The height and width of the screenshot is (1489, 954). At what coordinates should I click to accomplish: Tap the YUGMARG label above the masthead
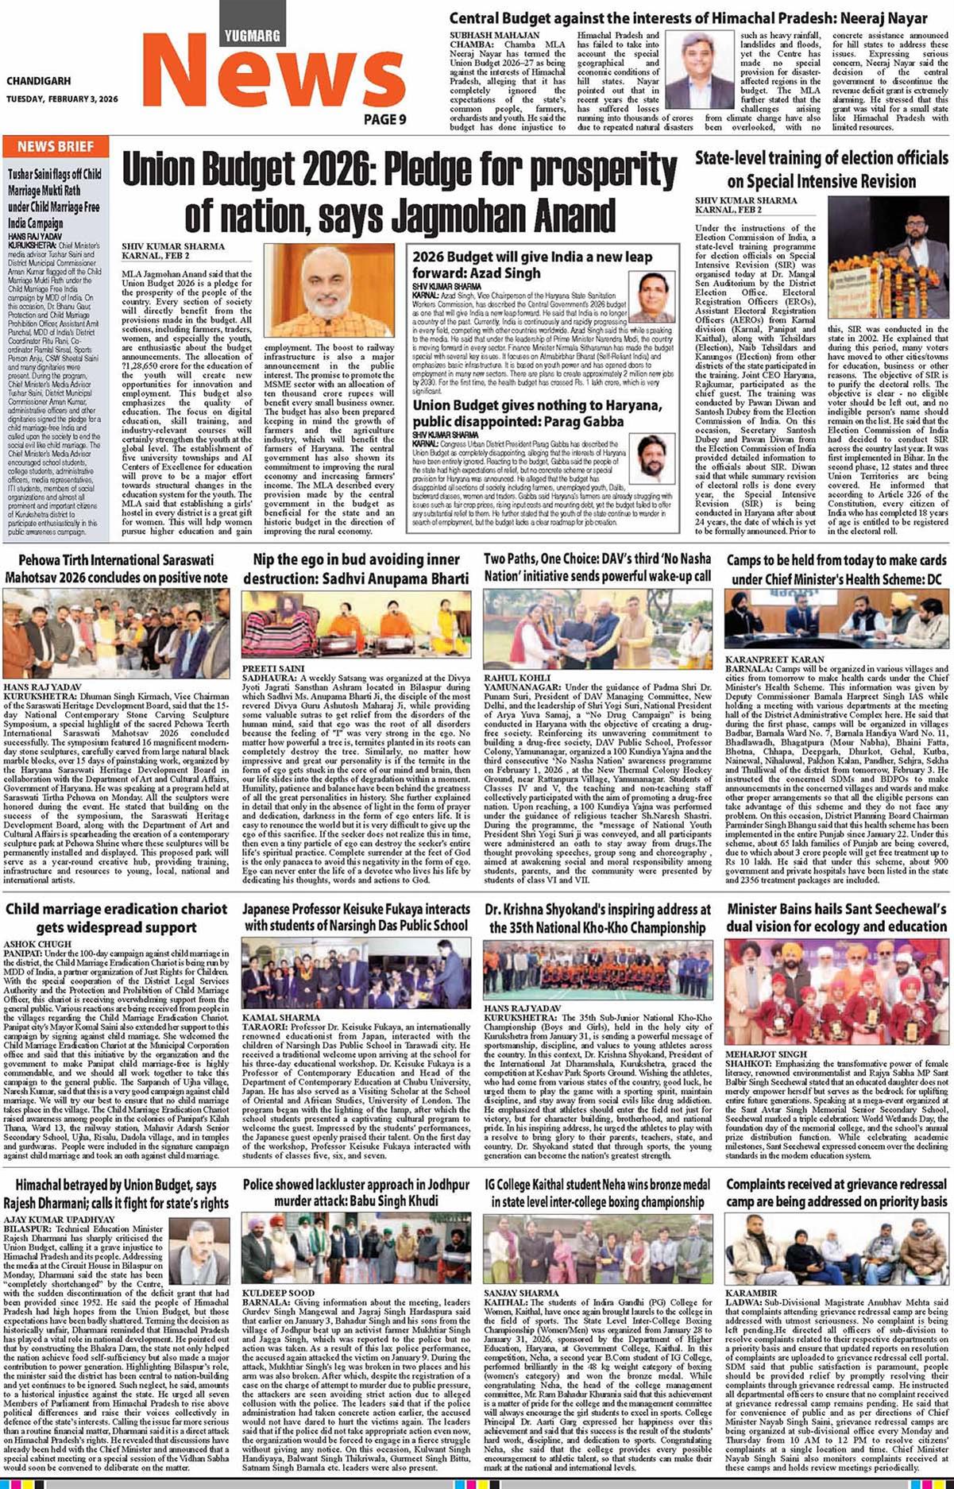click(x=252, y=35)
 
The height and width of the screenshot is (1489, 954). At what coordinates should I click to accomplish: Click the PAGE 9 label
click(x=385, y=119)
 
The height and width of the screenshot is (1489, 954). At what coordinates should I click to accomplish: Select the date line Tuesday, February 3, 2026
click(x=62, y=99)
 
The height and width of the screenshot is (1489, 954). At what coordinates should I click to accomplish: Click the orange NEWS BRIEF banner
click(x=56, y=147)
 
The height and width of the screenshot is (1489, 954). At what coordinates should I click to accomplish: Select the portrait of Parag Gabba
click(x=656, y=458)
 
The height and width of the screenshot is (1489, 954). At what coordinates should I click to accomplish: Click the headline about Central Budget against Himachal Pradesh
click(x=688, y=18)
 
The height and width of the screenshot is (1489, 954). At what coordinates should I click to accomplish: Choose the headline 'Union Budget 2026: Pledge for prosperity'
click(x=400, y=192)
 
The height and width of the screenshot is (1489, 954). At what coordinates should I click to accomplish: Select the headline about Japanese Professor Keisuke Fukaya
click(x=357, y=917)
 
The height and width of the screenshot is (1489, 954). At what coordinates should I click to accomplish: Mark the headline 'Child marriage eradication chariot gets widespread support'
click(x=115, y=918)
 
